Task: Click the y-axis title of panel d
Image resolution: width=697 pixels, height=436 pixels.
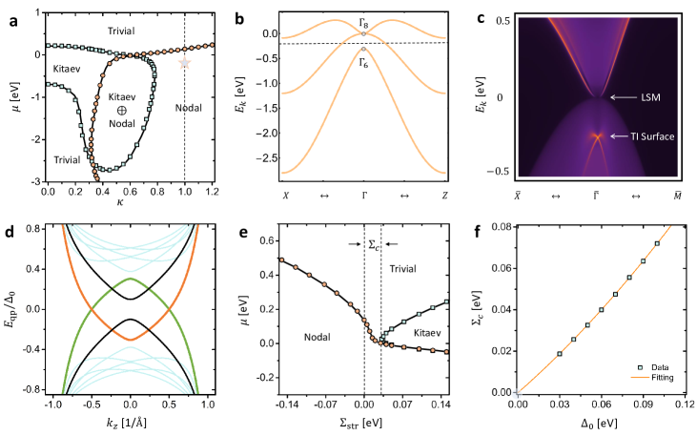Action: (10, 309)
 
